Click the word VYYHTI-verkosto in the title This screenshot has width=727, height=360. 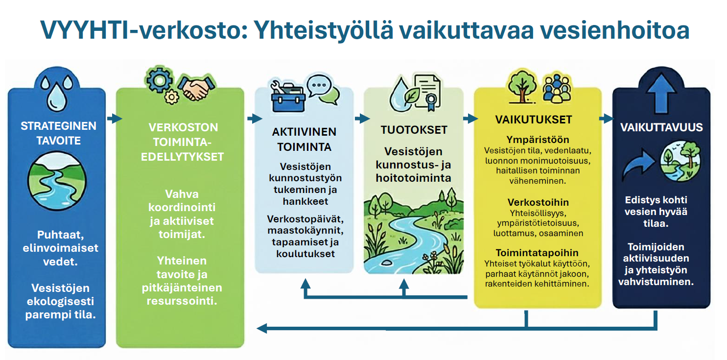[144, 30]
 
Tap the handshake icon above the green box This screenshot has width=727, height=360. [196, 87]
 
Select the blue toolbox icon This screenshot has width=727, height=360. [288, 97]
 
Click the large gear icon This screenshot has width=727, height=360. [160, 80]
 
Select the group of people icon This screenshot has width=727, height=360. [557, 88]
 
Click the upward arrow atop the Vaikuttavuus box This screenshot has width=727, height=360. [661, 93]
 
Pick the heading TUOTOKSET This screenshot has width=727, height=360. [414, 130]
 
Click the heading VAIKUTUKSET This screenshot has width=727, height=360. [534, 120]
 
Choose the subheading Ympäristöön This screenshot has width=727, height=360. [538, 140]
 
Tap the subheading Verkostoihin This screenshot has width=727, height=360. [538, 202]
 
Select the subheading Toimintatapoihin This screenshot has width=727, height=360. [537, 253]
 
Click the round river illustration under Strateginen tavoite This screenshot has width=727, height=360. [57, 181]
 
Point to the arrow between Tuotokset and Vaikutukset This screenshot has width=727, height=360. [470, 119]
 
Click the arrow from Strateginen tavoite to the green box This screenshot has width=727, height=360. [115, 119]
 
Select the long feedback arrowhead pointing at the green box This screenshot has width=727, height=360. [262, 329]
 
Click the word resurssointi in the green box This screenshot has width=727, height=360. [182, 301]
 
